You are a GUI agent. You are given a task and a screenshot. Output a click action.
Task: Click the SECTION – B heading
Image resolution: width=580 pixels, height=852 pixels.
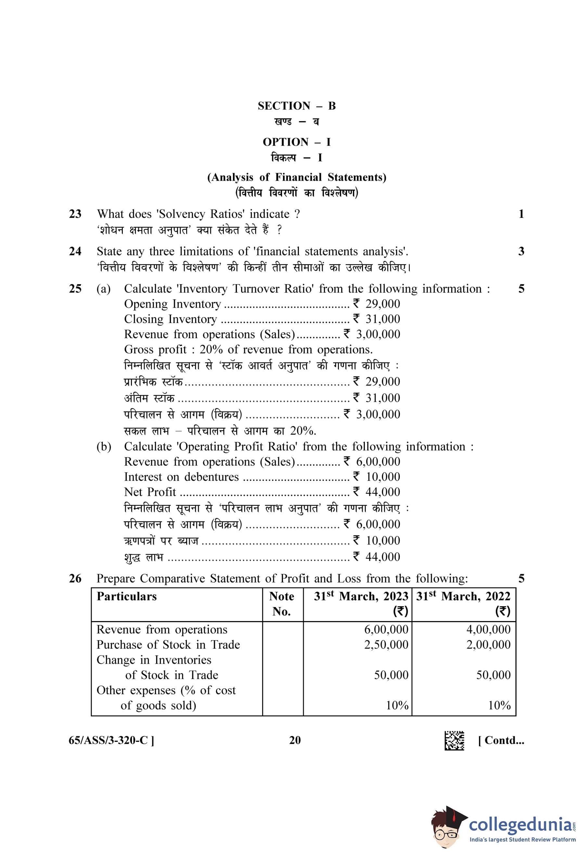click(296, 106)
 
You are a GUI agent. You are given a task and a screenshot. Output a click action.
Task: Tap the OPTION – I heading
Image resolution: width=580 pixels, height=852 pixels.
click(296, 142)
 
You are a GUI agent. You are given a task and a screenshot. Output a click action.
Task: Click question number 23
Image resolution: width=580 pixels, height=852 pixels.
click(75, 214)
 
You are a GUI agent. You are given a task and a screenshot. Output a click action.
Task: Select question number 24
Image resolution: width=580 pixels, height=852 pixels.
click(75, 251)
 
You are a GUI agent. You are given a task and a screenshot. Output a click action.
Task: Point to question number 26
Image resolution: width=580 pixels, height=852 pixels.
click(75, 579)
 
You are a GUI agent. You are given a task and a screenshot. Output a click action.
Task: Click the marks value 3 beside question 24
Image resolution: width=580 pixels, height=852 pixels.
click(521, 251)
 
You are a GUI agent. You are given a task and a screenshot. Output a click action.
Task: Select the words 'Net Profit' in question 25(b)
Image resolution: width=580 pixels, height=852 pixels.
click(150, 492)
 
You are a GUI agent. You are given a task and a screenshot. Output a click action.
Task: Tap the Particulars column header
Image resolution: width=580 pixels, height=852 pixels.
click(126, 596)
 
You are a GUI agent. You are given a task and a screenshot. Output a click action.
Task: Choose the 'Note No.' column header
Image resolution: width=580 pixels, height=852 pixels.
click(282, 604)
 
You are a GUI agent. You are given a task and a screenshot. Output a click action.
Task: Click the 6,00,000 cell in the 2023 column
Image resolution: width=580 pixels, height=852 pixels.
click(386, 629)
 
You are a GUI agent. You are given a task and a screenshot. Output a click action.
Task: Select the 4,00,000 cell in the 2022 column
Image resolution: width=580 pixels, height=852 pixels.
click(488, 629)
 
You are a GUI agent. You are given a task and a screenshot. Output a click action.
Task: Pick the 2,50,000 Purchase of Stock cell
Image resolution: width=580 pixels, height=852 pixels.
click(386, 644)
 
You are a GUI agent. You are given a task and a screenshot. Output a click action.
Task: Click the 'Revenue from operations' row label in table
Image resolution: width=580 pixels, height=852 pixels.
click(162, 629)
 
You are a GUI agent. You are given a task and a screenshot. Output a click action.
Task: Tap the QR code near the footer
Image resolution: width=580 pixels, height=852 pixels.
click(454, 741)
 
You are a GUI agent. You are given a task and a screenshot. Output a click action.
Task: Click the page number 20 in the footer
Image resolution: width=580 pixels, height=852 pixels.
click(295, 740)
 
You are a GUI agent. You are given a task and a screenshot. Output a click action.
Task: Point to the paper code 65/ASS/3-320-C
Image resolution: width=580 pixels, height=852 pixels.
click(111, 741)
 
